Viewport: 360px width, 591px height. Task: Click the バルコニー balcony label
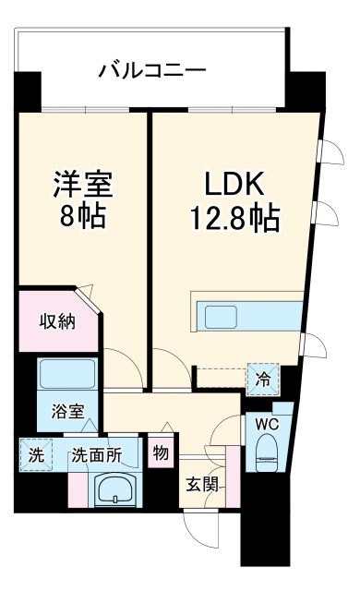tap(152, 70)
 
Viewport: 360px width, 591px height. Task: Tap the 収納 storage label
tap(56, 321)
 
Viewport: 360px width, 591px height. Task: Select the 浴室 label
tap(66, 412)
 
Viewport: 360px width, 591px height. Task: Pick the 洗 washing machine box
tap(35, 455)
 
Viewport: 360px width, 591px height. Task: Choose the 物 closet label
tap(161, 454)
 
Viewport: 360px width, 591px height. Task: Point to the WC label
tap(268, 424)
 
